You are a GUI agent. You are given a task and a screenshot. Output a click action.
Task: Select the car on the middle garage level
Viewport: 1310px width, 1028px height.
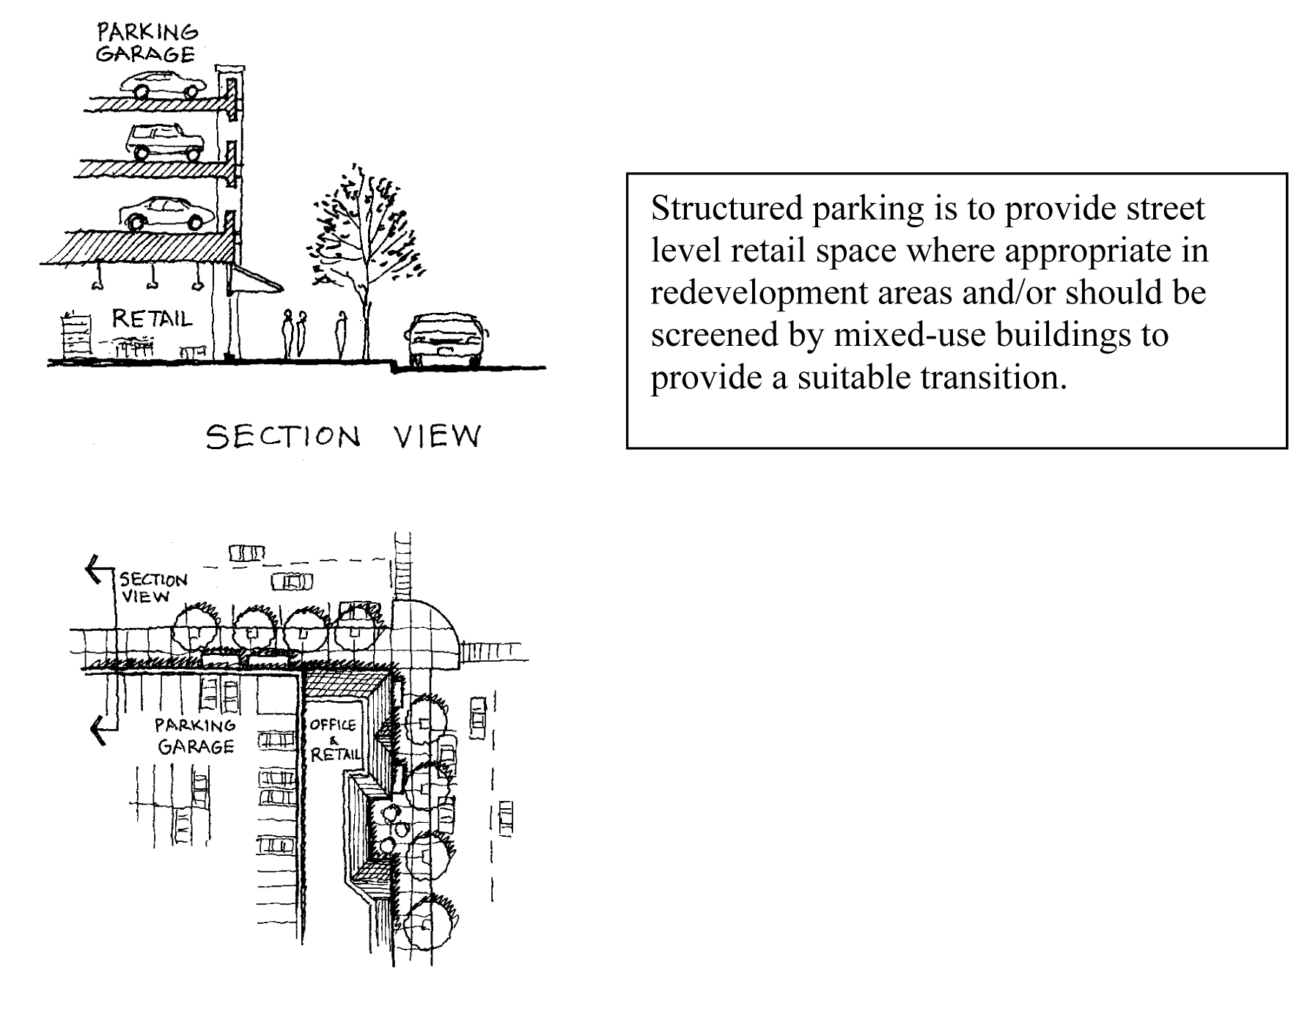pyautogui.click(x=166, y=142)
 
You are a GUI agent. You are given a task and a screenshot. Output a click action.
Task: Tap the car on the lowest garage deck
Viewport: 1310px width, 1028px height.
pyautogui.click(x=167, y=212)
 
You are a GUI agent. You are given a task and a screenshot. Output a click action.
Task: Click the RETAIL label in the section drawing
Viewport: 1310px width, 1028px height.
pyautogui.click(x=152, y=319)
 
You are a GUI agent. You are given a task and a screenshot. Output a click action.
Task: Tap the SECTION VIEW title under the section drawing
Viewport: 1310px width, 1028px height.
pyautogui.click(x=343, y=437)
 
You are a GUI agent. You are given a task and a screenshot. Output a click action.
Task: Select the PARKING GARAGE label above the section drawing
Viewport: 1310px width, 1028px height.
pyautogui.click(x=147, y=43)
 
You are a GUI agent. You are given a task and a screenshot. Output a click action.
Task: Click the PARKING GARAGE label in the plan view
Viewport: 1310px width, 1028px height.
pyautogui.click(x=195, y=736)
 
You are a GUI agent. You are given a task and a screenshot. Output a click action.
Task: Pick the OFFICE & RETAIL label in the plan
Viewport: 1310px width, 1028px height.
pyautogui.click(x=334, y=739)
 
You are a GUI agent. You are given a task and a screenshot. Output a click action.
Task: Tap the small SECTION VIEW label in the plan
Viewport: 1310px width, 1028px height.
pyautogui.click(x=152, y=588)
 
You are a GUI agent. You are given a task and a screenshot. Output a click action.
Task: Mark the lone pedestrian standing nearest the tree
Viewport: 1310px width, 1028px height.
pyautogui.click(x=341, y=335)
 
